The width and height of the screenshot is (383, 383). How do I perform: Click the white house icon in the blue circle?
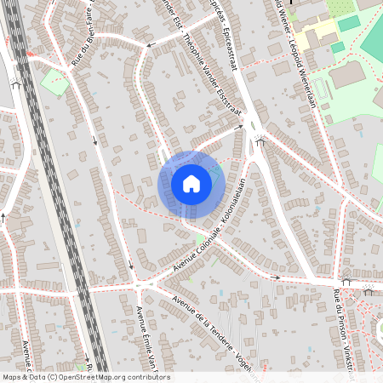tap(191, 183)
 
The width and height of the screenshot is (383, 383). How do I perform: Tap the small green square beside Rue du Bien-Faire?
tap(55, 83)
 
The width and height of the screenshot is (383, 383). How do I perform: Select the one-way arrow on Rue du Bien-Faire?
tap(94, 141)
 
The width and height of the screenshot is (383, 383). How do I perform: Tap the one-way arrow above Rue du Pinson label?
tap(346, 281)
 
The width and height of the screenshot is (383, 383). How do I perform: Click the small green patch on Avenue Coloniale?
tap(201, 237)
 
